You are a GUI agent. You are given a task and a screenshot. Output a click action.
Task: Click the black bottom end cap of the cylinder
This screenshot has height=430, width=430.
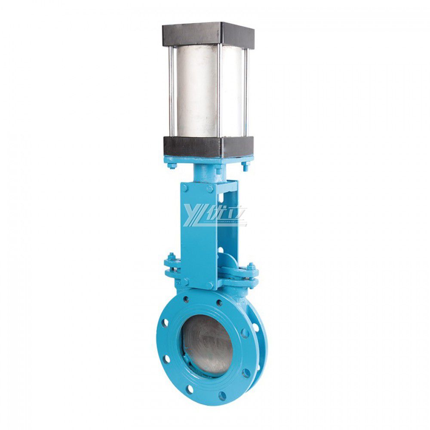tap(208, 147)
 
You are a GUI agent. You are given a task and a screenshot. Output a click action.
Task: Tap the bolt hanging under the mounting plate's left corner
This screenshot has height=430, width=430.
tap(172, 165)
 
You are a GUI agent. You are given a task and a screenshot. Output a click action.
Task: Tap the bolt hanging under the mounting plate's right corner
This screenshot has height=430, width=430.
tap(245, 166)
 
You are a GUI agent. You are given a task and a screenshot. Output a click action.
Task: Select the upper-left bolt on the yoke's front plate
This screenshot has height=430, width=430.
tap(184, 188)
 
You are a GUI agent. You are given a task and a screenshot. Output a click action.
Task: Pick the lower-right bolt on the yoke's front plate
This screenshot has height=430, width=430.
tap(211, 284)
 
